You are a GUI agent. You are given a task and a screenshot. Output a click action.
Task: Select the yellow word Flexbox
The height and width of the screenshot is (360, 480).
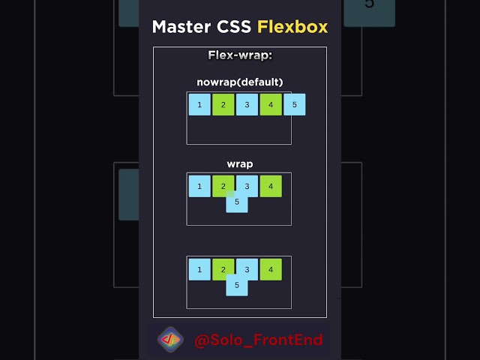[292, 27]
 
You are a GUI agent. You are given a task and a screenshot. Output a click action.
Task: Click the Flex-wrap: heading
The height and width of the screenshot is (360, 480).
[239, 55]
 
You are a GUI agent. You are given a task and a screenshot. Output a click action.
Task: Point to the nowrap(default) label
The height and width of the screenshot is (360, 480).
[239, 82]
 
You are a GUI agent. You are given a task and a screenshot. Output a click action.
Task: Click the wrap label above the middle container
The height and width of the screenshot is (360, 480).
[239, 163]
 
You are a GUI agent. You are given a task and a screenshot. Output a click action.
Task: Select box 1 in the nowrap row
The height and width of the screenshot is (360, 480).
[199, 104]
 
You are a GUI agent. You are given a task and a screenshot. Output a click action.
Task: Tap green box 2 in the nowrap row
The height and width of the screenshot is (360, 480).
[223, 104]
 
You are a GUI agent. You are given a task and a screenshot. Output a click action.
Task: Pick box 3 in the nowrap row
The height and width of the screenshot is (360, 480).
[247, 104]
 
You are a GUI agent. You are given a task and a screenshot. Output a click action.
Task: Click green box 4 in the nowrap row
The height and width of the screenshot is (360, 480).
[271, 104]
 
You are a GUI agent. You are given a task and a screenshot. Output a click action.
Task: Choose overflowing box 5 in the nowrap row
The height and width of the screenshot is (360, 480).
[295, 104]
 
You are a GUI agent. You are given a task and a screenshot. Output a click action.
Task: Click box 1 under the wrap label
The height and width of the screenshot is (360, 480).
[199, 185]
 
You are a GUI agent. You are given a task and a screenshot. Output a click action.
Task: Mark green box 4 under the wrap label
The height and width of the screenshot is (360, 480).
[271, 185]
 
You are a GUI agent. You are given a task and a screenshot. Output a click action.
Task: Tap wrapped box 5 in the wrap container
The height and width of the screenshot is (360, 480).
[237, 202]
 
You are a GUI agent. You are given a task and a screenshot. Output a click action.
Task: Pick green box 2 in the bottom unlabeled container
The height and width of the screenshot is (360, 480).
[222, 268]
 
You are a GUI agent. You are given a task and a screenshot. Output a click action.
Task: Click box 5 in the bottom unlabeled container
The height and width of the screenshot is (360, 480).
[237, 286]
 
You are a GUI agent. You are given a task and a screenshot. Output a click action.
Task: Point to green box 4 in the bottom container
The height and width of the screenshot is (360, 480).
[271, 268]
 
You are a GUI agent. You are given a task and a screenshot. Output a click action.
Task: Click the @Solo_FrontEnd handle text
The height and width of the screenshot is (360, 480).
[259, 340]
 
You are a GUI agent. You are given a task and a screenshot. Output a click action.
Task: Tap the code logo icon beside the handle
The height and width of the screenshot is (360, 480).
[170, 340]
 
